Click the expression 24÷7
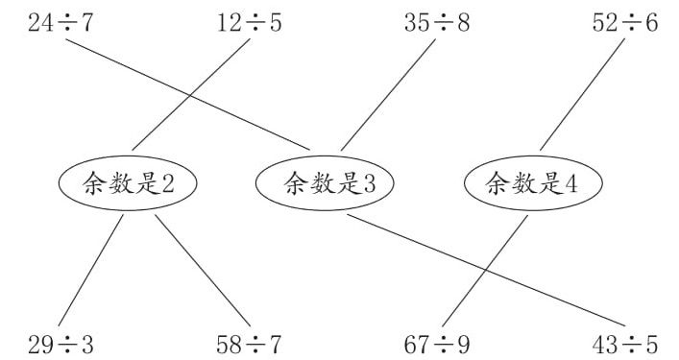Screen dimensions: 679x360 pos(61,23)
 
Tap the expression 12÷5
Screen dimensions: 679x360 pos(249,23)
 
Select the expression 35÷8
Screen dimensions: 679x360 pos(437,23)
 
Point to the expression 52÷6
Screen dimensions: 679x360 pos(625,23)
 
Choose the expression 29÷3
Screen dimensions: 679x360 pos(61,345)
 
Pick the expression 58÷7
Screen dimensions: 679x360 pos(249,345)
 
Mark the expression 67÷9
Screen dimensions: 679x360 pos(437,345)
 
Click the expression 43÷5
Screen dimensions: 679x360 pos(625,345)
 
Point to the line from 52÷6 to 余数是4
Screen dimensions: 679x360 pos(582,94)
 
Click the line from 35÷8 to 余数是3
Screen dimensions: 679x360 pos(388,95)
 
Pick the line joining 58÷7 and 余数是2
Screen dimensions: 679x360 pos(203,271)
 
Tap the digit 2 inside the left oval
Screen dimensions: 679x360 pos(168,184)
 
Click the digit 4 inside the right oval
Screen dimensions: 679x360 pos(571,184)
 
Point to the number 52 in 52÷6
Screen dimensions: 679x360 pos(605,23)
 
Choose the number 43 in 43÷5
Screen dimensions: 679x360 pos(605,345)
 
